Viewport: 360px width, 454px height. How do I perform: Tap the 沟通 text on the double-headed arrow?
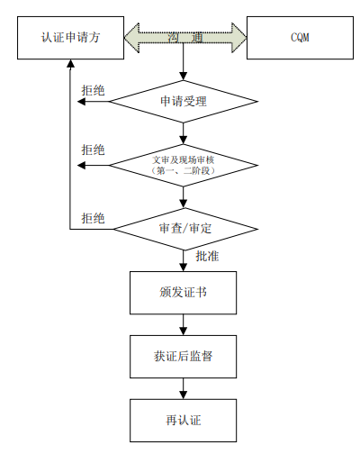point(184,38)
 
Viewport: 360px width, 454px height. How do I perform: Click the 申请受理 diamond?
point(184,102)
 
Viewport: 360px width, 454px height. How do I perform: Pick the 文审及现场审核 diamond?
point(184,164)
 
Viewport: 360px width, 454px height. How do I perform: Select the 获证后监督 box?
point(184,357)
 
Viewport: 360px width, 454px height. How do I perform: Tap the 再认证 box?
point(184,419)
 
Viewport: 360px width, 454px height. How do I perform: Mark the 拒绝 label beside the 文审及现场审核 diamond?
point(93,150)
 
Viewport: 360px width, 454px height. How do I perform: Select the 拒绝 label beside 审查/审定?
point(93,217)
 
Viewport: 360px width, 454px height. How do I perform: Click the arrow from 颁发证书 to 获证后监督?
point(184,326)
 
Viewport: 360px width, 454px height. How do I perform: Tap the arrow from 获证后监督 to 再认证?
point(184,388)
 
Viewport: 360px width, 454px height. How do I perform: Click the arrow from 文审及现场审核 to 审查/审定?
point(184,196)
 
